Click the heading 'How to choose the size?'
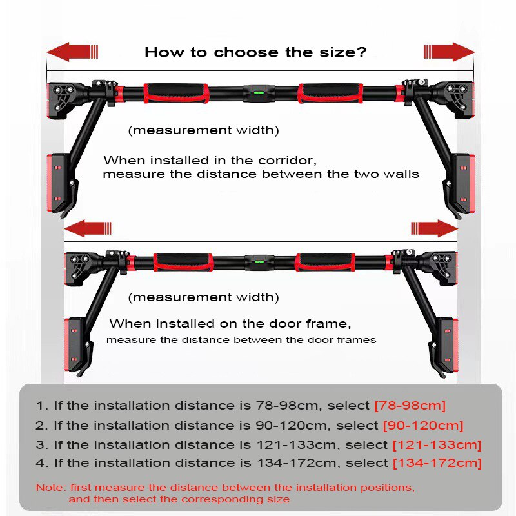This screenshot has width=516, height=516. coord(255,52)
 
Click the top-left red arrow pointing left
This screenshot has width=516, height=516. coord(72,52)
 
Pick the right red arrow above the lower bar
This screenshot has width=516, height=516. coord(434,228)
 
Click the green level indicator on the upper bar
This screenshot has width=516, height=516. coord(259,93)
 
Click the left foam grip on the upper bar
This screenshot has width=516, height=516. coord(175,92)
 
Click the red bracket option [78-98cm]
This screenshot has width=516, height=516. coord(410,406)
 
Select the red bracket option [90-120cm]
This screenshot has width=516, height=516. coord(423,425)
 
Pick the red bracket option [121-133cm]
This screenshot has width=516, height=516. coord(437,444)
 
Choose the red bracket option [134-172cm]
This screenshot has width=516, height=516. coord(437,463)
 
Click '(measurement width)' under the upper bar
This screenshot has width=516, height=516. coord(203,130)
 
